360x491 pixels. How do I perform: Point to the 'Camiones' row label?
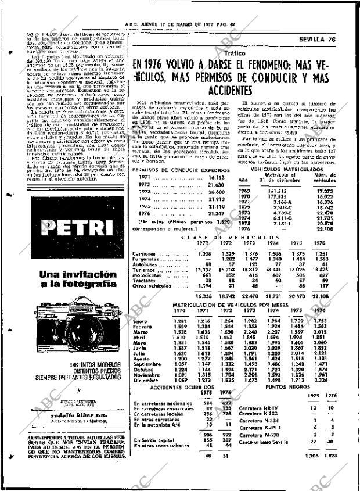pos(145,253)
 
